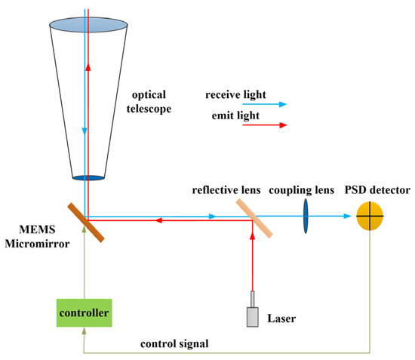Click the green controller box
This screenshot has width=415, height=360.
point(85,311)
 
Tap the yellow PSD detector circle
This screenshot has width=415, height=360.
point(370,216)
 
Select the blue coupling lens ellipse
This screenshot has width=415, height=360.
point(306,216)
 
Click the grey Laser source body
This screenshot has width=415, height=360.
point(252,315)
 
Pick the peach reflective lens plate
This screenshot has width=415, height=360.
point(253,217)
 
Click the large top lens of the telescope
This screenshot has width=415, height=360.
point(88,24)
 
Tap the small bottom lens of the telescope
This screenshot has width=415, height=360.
point(88,178)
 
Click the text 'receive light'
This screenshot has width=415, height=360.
point(234,95)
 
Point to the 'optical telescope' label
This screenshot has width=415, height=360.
point(152,103)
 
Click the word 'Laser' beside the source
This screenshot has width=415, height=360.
point(282,318)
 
